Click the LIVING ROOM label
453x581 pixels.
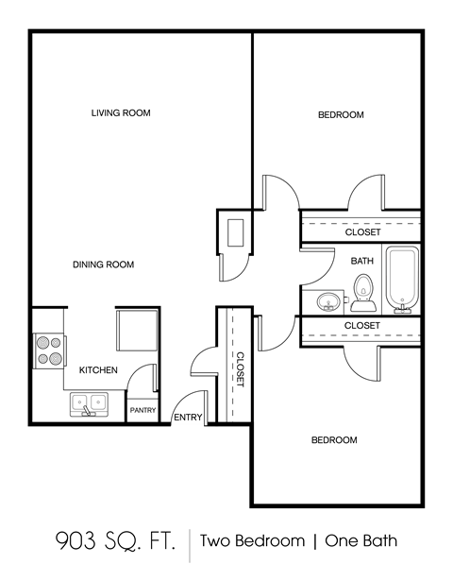coord(121,113)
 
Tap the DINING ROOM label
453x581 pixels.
coord(103,265)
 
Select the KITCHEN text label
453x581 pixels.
coord(98,370)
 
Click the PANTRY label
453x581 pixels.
coord(143,410)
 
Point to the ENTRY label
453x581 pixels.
coord(186,417)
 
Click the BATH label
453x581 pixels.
coord(361,261)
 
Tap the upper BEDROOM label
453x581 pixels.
coord(341,115)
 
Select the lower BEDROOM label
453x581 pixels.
coord(335,440)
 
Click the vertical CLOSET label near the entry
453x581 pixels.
coord(240,369)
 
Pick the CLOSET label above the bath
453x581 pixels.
coord(362,231)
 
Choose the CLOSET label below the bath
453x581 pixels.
coord(362,325)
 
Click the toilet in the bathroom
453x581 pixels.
coord(362,292)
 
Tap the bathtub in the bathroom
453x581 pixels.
coord(400,280)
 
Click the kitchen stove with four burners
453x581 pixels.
coord(49,351)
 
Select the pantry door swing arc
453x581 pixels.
coord(142,378)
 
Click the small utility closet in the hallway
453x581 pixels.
coord(235,233)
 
